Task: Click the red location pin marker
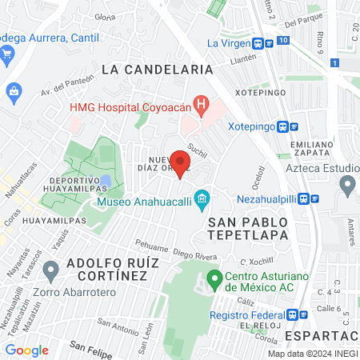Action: point(181,165)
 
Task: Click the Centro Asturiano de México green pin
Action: point(214,280)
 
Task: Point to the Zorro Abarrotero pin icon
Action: point(51,270)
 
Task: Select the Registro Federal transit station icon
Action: point(293,315)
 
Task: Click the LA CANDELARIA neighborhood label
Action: point(158,70)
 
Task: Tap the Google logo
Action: point(27,350)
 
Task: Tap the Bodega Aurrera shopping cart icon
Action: point(7,54)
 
